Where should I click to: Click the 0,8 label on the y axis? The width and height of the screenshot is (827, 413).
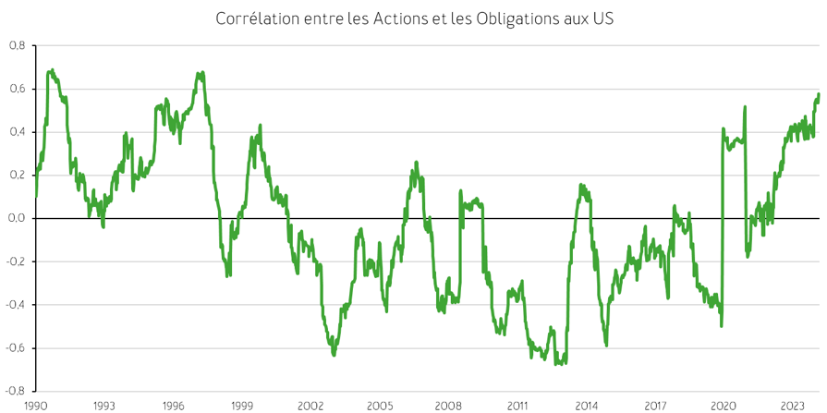[x=18, y=45]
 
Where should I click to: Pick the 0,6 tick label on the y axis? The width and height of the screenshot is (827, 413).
[x=18, y=89]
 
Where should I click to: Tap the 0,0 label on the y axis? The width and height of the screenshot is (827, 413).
[x=18, y=218]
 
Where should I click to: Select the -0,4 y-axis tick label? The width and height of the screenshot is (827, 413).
[x=16, y=305]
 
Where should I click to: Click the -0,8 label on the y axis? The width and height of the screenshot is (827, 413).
[x=16, y=391]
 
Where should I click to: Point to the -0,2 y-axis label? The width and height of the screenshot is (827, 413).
[x=16, y=261]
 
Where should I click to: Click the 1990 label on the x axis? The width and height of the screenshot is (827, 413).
[x=36, y=406]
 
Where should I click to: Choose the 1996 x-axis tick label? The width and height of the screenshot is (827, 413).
[x=173, y=406]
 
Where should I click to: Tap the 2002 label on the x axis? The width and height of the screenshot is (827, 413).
[x=310, y=406]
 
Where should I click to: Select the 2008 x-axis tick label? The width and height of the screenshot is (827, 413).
[x=448, y=406]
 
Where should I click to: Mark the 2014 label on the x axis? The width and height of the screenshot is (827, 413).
[x=586, y=406]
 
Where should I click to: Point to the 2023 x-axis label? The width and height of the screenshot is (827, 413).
[x=792, y=406]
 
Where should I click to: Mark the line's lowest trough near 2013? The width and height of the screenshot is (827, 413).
[x=556, y=364]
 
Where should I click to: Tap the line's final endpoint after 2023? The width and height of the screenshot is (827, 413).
[x=819, y=94]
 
